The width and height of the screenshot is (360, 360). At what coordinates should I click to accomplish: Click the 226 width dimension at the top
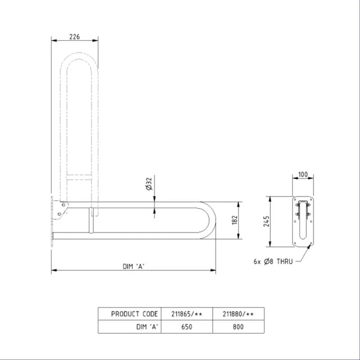[x=74, y=37]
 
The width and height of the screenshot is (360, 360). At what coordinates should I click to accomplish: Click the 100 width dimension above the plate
[x=304, y=175]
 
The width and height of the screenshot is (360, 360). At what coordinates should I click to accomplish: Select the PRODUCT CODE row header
[x=134, y=314]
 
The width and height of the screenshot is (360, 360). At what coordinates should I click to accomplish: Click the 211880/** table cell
[x=238, y=314]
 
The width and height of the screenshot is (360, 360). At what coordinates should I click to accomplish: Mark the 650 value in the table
[x=187, y=327]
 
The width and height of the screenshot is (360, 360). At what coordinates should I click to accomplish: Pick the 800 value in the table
[x=238, y=327]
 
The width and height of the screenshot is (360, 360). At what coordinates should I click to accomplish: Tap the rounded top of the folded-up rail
[x=79, y=58]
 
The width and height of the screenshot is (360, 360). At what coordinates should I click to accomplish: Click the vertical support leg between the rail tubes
[x=91, y=220]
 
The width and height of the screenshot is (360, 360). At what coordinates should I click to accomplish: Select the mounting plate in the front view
[x=304, y=222]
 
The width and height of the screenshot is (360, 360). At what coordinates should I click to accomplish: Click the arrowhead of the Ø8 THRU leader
[x=310, y=246]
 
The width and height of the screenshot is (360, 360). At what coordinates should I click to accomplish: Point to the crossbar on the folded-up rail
[x=79, y=177]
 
